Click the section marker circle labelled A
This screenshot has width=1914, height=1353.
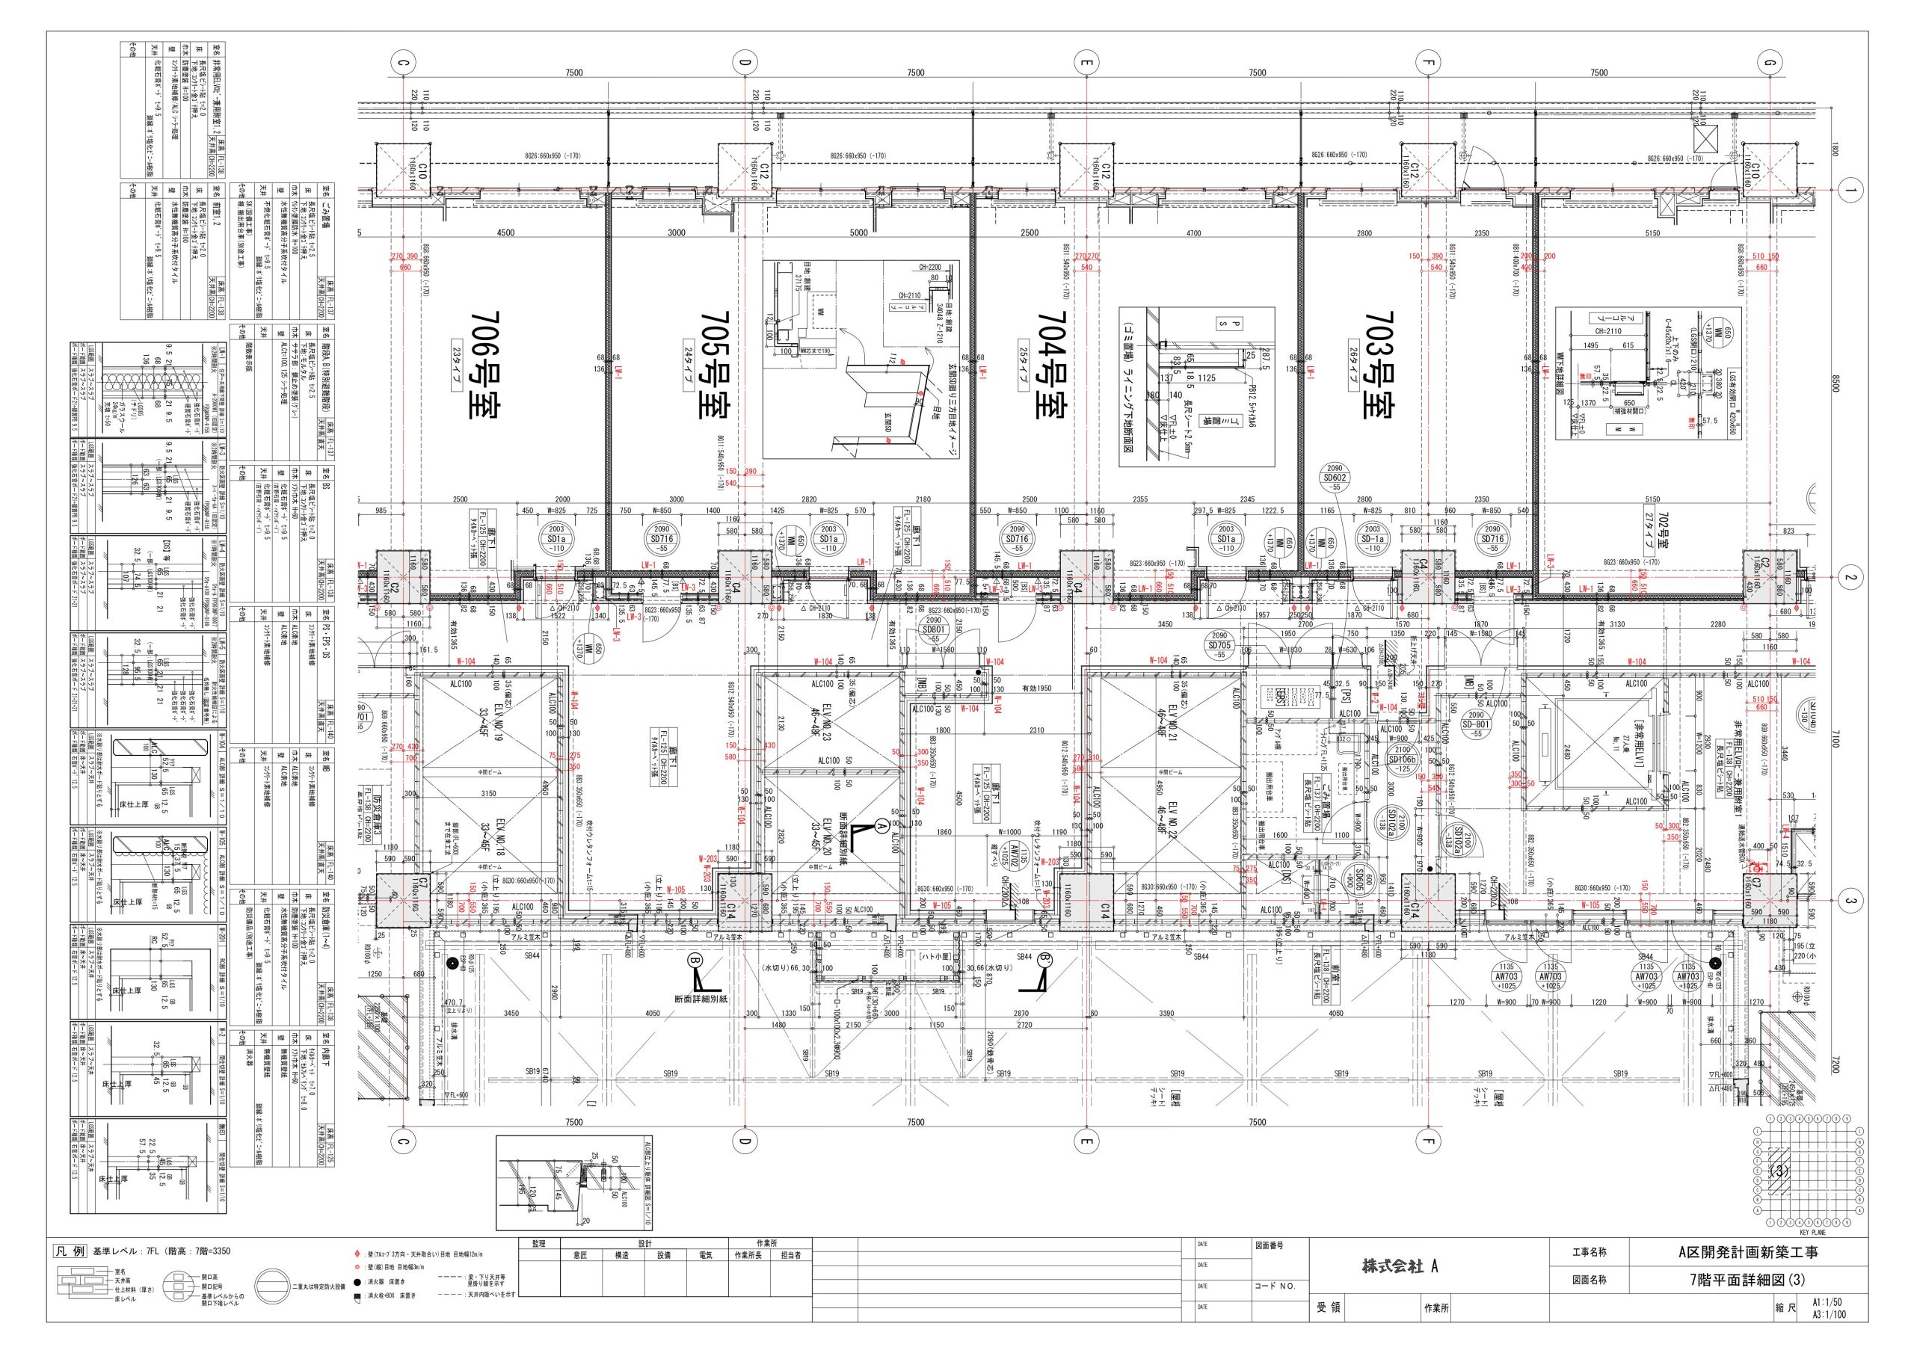(x=879, y=826)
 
